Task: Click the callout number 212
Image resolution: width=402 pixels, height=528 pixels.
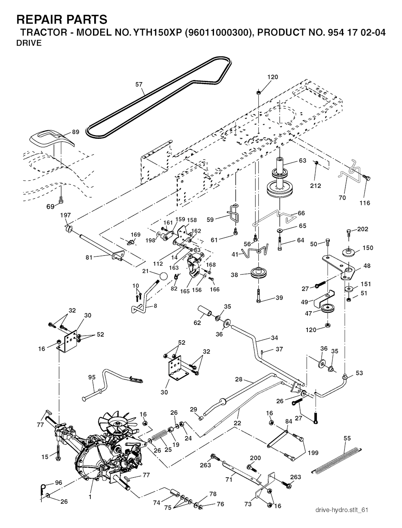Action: [x=316, y=185]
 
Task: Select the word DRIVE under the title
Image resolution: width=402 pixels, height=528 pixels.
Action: [x=29, y=43]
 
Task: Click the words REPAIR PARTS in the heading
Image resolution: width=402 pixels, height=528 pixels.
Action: [x=62, y=19]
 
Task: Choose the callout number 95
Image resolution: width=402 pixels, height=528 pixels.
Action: [x=91, y=377]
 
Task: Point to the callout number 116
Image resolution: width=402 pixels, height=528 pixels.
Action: [x=365, y=203]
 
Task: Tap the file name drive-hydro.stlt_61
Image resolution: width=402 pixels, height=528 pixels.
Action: [x=342, y=510]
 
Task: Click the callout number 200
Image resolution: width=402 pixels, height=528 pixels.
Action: [x=255, y=458]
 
